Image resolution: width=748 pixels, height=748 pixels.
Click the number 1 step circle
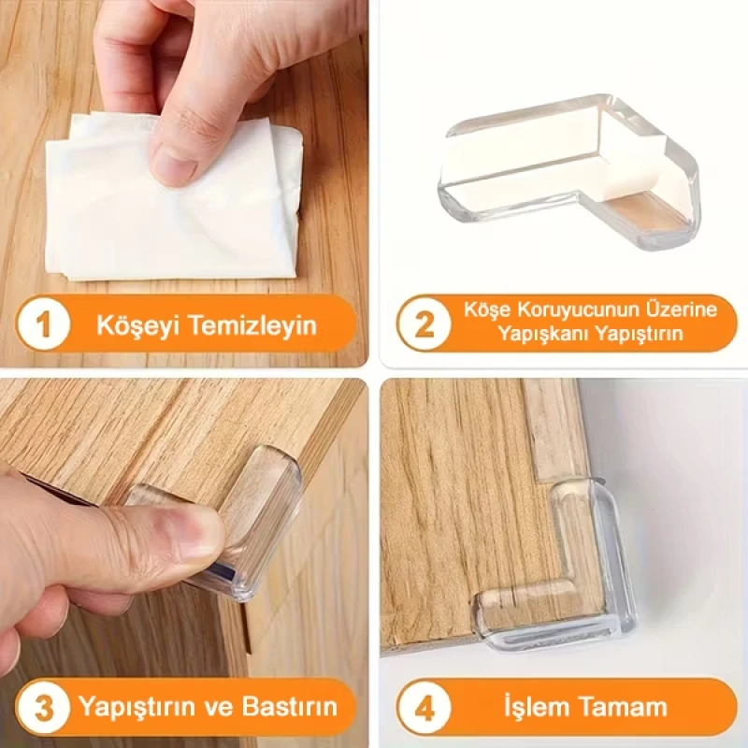click(43, 325)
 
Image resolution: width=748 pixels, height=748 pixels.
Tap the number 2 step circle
click(424, 324)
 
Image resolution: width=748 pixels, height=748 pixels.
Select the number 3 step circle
click(43, 706)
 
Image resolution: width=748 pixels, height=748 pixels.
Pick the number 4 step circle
click(424, 706)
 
